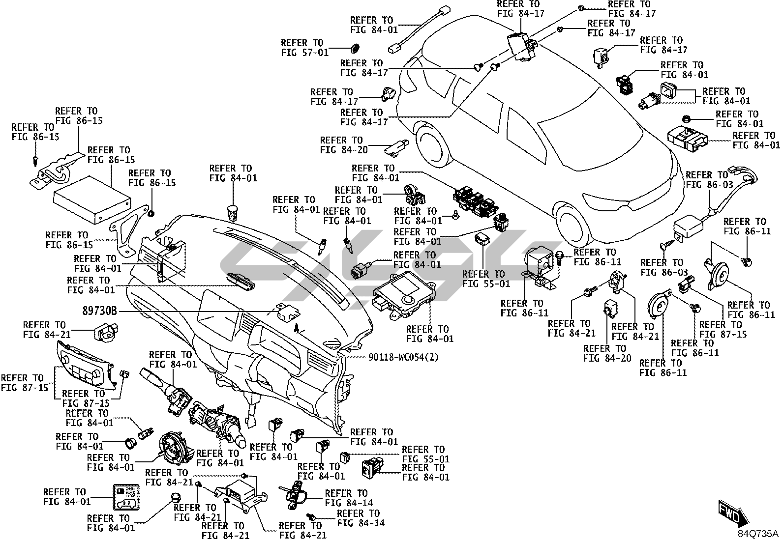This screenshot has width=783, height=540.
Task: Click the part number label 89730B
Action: [x=100, y=311]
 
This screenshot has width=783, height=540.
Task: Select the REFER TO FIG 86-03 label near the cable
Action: [x=707, y=180]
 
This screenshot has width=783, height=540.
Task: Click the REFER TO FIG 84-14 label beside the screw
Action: [x=361, y=518]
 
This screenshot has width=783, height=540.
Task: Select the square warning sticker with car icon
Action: [x=125, y=496]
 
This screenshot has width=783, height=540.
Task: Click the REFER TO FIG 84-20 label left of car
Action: [x=341, y=145]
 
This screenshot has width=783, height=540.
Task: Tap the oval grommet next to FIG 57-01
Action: [x=354, y=48]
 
